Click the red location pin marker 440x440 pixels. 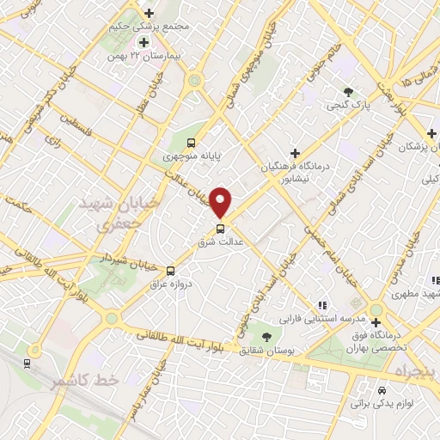221,201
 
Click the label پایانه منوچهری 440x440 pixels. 192,156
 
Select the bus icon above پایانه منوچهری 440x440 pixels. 191,144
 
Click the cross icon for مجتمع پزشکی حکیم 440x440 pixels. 150,13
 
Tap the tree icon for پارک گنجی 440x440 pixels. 348,92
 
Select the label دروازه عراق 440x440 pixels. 170,282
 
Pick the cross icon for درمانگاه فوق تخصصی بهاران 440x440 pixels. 376,322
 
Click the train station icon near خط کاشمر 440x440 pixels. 28,364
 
